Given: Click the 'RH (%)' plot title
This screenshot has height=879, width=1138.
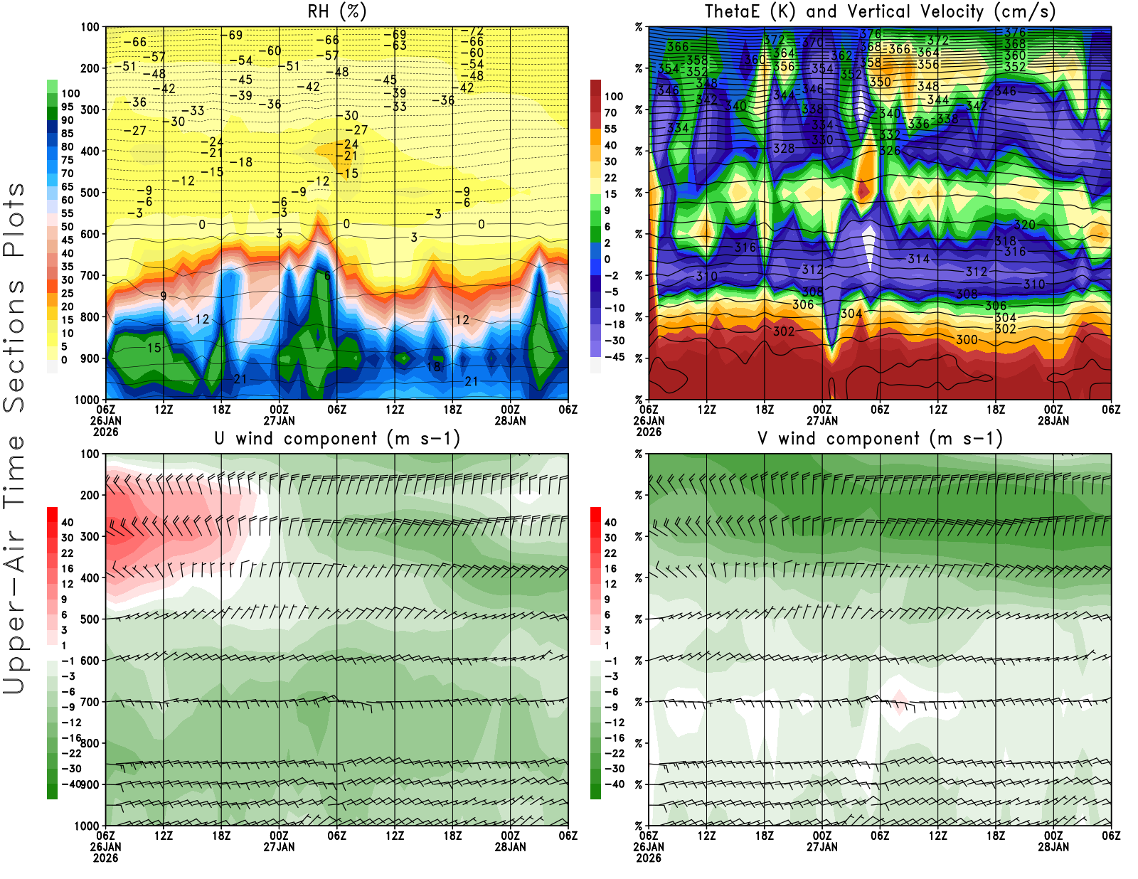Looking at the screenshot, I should pos(336,11).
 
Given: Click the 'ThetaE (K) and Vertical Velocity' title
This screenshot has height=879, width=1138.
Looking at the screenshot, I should pos(880,11).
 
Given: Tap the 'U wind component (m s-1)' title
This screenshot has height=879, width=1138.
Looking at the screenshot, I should pos(337,438).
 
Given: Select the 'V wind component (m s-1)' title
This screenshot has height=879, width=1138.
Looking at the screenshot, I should pos(880,438).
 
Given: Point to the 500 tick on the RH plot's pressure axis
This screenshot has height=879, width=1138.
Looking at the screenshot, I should pos(90,193).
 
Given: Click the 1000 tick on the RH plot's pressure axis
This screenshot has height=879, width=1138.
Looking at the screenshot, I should pos(87,400).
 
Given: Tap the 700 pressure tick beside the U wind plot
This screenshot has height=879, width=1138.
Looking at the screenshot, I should pos(90,702).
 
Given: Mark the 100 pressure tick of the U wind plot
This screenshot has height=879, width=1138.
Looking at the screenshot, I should pos(90,454).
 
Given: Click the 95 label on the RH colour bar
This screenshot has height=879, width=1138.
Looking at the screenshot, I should pos(67,107).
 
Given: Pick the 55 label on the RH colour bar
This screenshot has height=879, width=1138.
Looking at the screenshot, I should pos(67,213).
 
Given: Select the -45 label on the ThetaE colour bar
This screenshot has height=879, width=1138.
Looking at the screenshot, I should pos(614,357).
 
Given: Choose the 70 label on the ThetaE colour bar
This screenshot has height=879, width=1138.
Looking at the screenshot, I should pos(610,112).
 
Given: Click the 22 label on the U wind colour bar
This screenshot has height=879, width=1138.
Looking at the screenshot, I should pos(67,553).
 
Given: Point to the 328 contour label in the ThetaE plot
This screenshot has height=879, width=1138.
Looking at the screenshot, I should pos(784,149).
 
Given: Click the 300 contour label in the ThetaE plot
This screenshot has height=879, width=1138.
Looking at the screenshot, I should pos(967,340).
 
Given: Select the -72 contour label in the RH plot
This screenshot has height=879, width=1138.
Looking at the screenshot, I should pos(472,31).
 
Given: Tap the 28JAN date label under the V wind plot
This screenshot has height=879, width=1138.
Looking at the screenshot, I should pos(1053,847).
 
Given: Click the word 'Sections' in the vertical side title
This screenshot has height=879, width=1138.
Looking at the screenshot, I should pos(14,345).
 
